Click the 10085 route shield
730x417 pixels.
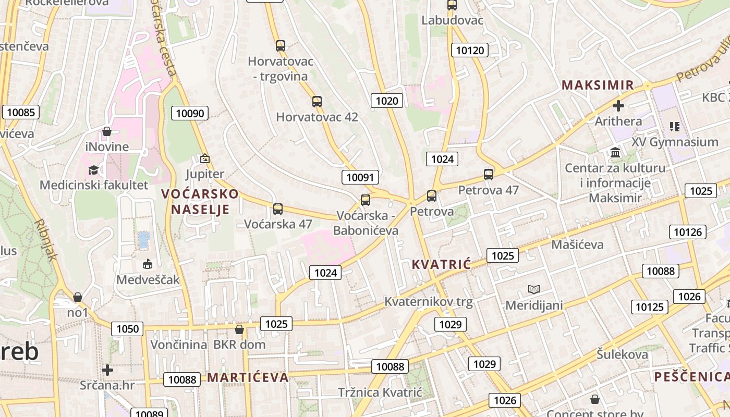point(21,112)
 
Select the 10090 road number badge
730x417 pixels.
point(190,113)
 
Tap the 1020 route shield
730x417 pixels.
point(387,101)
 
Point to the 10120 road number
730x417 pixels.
point(470,50)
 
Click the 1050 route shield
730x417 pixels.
point(128,328)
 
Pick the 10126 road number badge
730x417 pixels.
point(688,232)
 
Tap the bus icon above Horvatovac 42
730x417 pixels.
point(317,101)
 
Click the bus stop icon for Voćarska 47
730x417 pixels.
point(278,209)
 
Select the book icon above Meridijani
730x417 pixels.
point(534,289)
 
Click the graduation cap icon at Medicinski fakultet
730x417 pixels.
point(94,170)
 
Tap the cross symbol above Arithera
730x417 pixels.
point(618,106)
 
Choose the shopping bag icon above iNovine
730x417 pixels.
point(107,131)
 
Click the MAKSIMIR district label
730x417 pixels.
point(598,85)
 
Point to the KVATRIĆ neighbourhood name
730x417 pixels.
point(441,264)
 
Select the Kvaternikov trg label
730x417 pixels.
point(428,301)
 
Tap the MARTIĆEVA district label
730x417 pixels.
point(248,377)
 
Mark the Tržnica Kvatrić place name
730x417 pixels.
point(379,392)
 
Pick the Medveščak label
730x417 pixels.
point(148,279)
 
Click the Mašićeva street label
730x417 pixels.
point(577,244)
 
